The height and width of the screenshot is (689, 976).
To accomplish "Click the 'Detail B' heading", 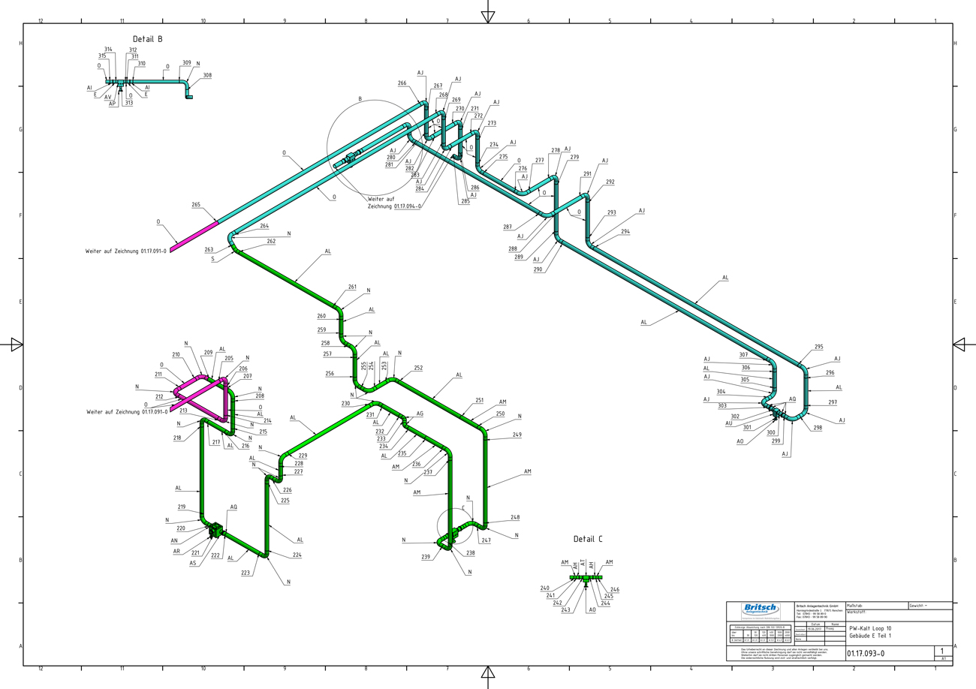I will coord(148,39).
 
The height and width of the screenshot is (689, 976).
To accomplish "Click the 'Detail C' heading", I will coord(588,539).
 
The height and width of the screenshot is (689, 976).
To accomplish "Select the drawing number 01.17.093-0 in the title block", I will coord(866,653).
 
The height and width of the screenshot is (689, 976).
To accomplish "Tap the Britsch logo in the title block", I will coord(761,609).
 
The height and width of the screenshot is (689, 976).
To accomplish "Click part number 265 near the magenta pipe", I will coord(196,205).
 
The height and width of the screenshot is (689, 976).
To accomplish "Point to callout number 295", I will coord(818,347).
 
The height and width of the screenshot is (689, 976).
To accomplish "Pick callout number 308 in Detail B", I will coord(207,76).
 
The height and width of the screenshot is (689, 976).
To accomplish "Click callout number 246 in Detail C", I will coord(615,590).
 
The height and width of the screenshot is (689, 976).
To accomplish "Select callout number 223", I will coord(246,573).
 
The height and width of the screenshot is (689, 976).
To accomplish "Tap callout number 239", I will coord(426,557).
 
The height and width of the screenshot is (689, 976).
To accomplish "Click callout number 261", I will coord(352,287).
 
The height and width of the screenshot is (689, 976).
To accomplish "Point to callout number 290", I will coord(538,269).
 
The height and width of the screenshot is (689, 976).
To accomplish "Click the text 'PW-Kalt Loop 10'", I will coord(871,628).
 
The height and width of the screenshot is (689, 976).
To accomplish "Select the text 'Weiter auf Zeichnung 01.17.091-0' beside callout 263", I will coord(126,251).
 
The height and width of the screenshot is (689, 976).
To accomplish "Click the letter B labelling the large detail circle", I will coord(360,98).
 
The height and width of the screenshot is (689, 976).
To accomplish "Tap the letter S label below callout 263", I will coord(212,259).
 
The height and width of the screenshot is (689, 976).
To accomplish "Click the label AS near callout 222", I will coord(192,563).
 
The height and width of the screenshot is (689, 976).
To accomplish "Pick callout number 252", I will coord(418,368).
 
